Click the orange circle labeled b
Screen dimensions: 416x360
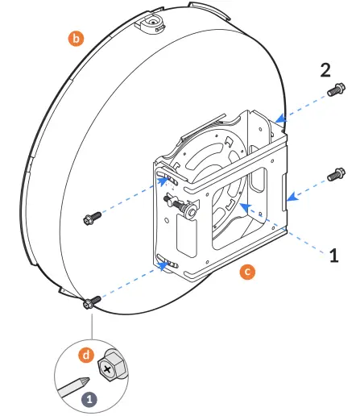pos(76,38)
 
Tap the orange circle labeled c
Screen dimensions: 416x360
pos(247,272)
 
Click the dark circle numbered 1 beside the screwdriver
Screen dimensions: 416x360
pos(89,398)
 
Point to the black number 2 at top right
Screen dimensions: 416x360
pos(325,69)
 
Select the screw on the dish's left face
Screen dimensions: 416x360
pos(91,218)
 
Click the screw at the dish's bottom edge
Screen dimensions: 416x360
pos(89,302)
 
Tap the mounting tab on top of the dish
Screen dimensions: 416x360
pos(152,21)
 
